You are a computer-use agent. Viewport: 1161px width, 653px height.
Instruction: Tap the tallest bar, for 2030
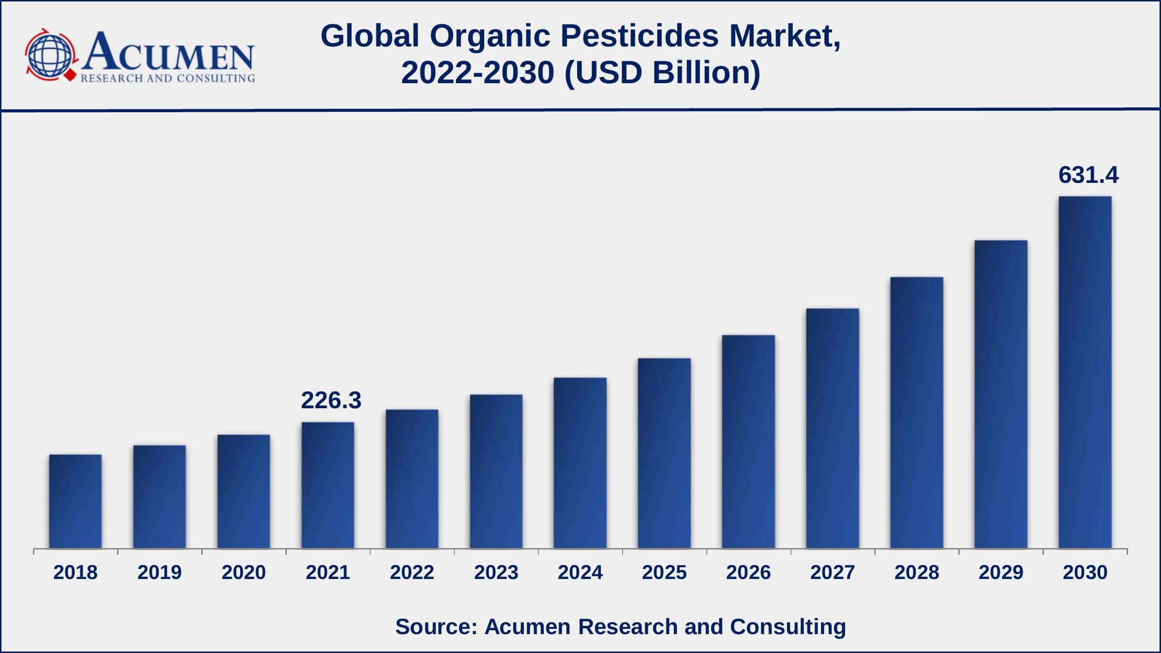click(1085, 372)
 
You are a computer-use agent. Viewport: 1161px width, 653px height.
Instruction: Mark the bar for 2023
click(496, 471)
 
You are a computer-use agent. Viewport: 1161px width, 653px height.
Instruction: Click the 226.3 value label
click(331, 401)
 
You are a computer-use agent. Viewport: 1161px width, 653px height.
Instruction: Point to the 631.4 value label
click(1088, 175)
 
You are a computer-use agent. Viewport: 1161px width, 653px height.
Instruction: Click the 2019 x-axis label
click(160, 573)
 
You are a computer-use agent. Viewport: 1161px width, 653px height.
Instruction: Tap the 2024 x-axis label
click(580, 573)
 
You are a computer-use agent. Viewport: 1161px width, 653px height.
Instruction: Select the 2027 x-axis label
click(833, 573)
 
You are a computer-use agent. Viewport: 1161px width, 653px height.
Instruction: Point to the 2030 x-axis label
click(1085, 573)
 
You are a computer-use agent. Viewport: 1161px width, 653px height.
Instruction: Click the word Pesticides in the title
click(639, 36)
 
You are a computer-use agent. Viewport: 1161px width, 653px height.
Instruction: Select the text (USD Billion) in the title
click(662, 73)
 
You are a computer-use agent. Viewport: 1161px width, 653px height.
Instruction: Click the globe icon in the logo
click(49, 54)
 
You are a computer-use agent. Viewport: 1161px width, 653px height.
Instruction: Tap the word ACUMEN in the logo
click(168, 51)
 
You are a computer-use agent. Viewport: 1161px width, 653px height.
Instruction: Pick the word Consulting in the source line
click(788, 626)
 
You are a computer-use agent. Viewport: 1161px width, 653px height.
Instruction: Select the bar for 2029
click(1001, 394)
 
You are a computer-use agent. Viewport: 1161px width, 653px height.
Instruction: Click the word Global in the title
click(370, 36)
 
